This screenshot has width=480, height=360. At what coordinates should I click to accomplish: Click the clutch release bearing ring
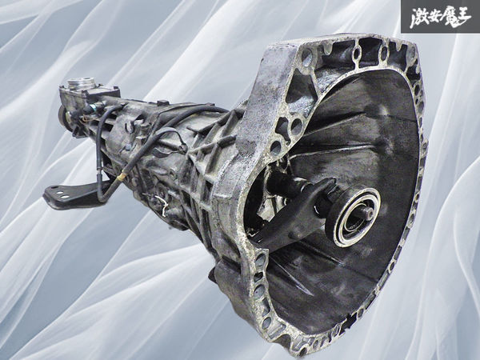pyautogui.click(x=353, y=217)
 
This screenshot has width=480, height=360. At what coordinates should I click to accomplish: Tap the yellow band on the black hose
pyautogui.click(x=122, y=176)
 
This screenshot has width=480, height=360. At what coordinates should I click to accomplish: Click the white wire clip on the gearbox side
pyautogui.click(x=162, y=204)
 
